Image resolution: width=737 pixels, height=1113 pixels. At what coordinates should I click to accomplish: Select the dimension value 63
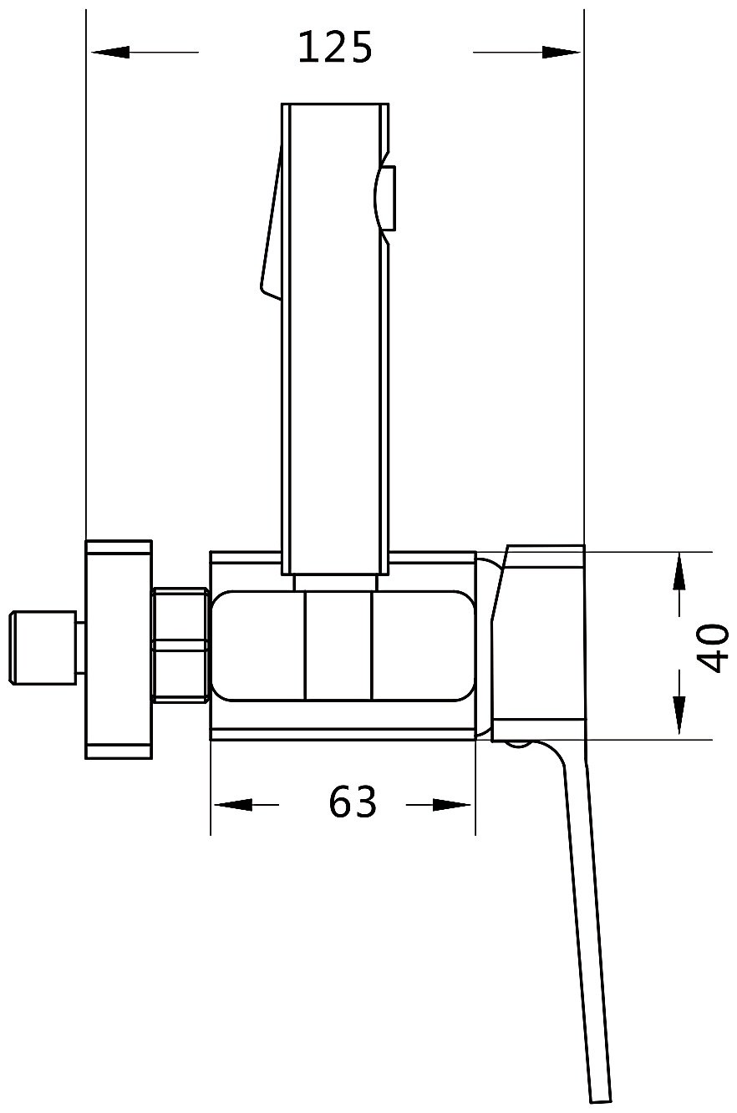point(353,803)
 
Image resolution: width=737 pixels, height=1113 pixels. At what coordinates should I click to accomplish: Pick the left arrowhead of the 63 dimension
point(232,805)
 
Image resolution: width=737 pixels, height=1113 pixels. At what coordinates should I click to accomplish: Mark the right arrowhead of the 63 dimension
point(453,805)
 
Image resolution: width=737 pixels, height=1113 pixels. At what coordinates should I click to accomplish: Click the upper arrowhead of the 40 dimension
point(679,572)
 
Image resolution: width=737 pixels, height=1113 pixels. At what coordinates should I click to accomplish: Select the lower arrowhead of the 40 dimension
point(679,716)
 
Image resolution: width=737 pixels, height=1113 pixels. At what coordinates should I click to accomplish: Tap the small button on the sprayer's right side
point(386,199)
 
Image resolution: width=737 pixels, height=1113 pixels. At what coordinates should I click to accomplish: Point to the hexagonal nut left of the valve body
point(180,645)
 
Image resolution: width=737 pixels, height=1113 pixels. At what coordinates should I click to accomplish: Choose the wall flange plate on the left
point(119,649)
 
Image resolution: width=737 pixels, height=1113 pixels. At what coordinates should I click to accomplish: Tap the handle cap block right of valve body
point(539,643)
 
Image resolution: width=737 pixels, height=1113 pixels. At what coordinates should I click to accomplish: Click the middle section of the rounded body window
point(338,645)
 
